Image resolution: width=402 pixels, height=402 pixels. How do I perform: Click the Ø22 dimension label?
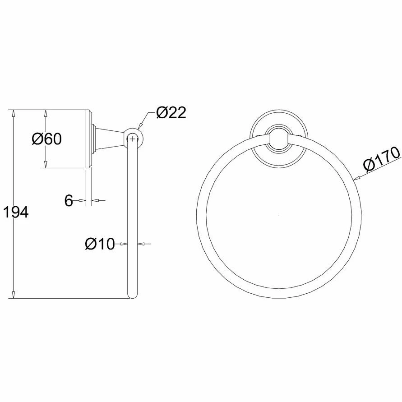171,112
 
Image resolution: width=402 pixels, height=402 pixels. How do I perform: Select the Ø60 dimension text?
46,139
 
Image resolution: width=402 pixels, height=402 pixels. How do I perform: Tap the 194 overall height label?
16,212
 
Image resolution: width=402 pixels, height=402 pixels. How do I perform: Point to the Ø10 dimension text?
100,244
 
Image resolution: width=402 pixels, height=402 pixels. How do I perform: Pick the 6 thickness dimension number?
68,201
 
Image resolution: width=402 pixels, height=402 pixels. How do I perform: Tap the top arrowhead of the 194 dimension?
14,113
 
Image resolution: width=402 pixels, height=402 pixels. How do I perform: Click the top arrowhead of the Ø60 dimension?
46,113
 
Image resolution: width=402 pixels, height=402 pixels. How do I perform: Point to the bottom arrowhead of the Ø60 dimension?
46,165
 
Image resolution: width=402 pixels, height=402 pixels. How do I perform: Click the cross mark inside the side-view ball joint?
132,139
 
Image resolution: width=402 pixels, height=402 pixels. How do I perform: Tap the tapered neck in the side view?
111,138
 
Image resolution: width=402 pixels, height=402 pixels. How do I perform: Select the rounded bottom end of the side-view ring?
132,296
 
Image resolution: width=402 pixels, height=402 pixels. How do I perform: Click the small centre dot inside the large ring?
279,216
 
